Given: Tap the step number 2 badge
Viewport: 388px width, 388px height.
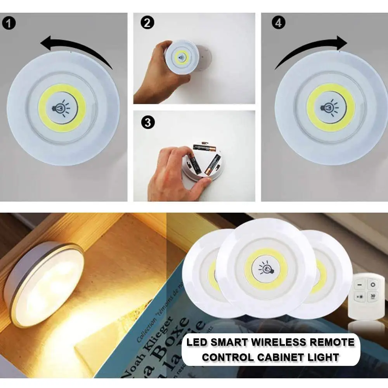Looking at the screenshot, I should [146, 23].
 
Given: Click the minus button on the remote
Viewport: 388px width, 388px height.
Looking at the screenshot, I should [359, 285].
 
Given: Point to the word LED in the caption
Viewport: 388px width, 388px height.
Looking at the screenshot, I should [196, 342].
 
